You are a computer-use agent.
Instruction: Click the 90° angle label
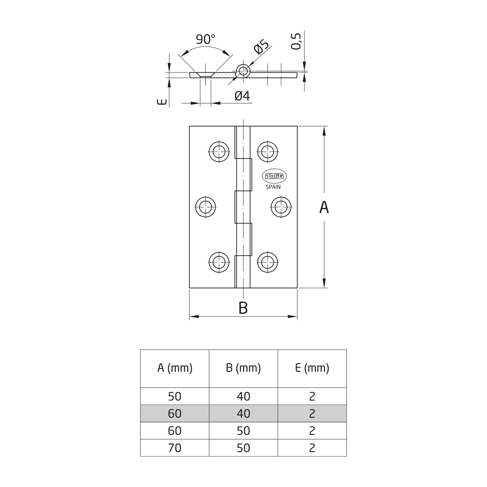pos(206,39)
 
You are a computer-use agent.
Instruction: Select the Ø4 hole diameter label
pos(242,96)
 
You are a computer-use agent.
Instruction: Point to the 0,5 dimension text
pos(296,41)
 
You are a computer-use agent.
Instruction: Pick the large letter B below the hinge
pos(243,308)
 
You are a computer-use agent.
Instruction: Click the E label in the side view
pos(162,102)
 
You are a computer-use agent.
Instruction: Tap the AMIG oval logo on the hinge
pos(274,176)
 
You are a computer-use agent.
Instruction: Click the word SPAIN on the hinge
pos(273,187)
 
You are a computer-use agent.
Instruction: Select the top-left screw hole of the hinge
pos(219,152)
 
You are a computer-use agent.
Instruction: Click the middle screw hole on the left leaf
pos(206,207)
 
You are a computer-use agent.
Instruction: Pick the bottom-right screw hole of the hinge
pos(267,262)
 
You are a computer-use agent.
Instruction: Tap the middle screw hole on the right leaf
pos(281,207)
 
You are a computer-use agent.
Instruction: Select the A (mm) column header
pos(175,368)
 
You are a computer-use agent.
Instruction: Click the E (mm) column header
pos(312,368)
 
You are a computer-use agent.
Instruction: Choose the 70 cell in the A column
pos(175,448)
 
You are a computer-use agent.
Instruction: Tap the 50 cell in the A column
pos(175,397)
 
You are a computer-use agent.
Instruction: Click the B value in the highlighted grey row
pos(244,414)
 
